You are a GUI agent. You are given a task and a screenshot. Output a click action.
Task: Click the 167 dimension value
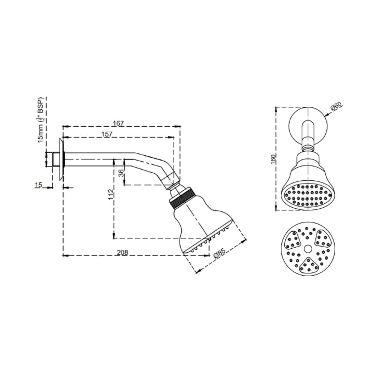pos(118,123)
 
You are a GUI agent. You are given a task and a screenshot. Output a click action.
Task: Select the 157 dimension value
pos(107,134)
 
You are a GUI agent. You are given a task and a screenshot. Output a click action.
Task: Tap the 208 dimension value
pos(122,252)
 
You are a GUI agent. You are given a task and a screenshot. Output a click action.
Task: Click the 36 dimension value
pos(122,173)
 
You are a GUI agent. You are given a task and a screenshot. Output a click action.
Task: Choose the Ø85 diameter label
pos(219,254)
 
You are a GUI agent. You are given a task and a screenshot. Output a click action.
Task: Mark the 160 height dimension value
pos(273,159)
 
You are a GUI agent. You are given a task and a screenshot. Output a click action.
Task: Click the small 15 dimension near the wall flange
pos(38,185)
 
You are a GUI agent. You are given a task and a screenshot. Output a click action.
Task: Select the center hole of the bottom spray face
pos(307,249)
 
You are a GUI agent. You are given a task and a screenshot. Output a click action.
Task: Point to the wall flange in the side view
pos(61,159)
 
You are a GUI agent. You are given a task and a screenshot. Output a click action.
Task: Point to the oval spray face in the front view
pos(307,195)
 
